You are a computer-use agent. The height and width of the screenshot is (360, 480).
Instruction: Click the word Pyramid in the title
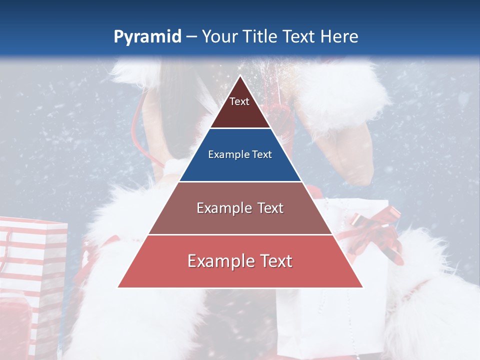point(147,37)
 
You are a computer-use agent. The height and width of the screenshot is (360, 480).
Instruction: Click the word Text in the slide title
point(300,36)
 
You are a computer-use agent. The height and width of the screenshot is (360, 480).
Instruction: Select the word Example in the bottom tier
point(218,261)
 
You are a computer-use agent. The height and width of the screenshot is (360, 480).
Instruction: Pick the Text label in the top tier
point(239,101)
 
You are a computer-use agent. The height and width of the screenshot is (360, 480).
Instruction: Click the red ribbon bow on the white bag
point(376,230)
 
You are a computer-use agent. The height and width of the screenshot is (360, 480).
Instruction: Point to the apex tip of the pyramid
point(240,76)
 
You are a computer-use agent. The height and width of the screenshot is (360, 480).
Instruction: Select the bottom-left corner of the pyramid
point(118,287)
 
